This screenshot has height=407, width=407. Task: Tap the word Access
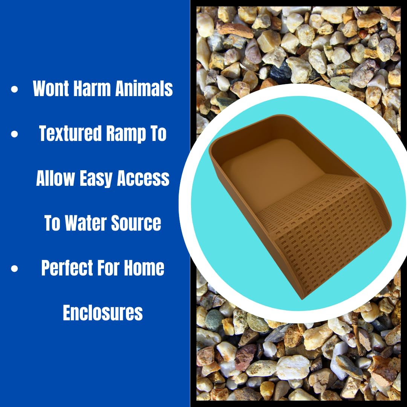tap(143, 178)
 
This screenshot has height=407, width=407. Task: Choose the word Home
tap(145, 268)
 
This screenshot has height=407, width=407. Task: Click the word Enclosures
tap(103, 313)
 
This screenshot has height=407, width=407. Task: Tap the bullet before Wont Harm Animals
tap(15, 90)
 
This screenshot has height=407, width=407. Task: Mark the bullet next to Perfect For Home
tap(15, 269)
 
